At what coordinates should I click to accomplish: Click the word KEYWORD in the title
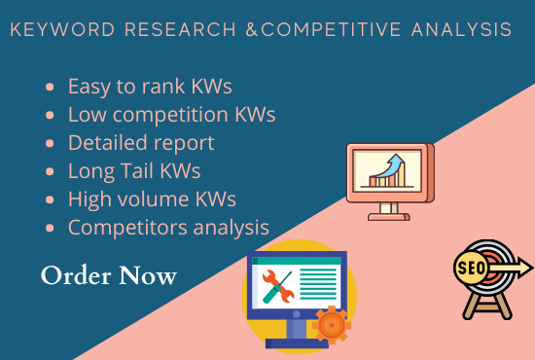52,30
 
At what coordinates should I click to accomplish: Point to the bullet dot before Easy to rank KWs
50,87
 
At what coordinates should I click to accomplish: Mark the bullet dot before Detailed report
50,143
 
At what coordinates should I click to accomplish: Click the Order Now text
109,276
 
